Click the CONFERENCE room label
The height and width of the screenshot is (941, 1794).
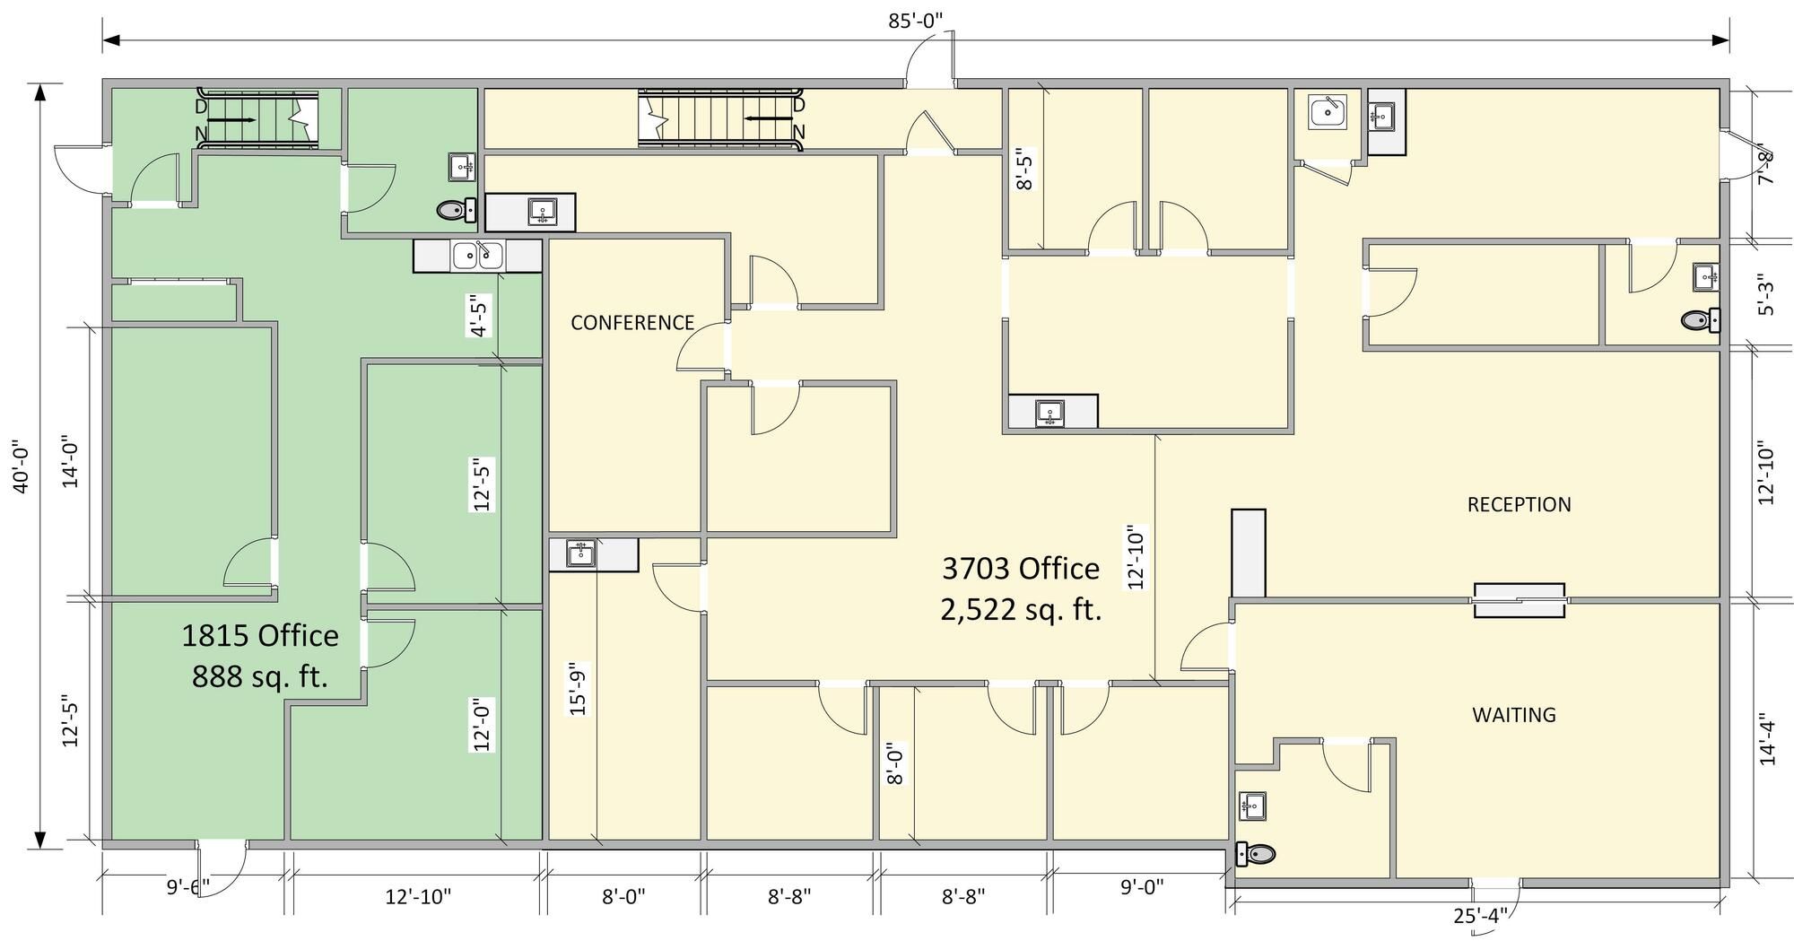[632, 323]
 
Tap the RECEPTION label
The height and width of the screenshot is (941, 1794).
[1519, 505]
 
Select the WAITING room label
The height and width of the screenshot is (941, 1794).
[1514, 715]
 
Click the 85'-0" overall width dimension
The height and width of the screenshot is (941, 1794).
[916, 21]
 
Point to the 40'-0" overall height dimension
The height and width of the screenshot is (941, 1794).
[22, 466]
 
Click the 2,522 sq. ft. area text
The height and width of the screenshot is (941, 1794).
[1021, 610]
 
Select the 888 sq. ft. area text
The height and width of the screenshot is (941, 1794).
[260, 676]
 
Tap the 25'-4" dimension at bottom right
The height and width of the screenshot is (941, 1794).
[1479, 916]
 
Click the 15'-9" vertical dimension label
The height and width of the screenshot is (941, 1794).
[579, 689]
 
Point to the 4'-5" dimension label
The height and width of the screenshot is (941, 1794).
[480, 317]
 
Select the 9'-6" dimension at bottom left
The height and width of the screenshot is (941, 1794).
[188, 887]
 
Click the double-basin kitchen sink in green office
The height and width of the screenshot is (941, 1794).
[477, 256]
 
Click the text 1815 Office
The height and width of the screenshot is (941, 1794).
[260, 636]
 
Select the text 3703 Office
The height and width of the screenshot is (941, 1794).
[1021, 568]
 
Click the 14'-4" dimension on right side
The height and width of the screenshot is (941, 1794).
[1767, 738]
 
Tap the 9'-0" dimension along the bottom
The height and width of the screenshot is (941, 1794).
[1142, 887]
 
